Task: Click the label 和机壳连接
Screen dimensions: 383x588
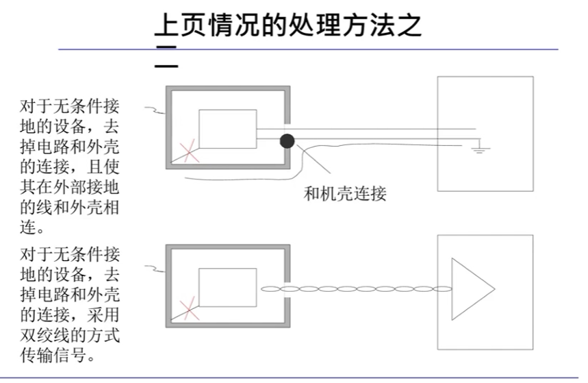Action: pos(345,193)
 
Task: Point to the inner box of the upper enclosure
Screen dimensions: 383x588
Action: pos(227,129)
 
